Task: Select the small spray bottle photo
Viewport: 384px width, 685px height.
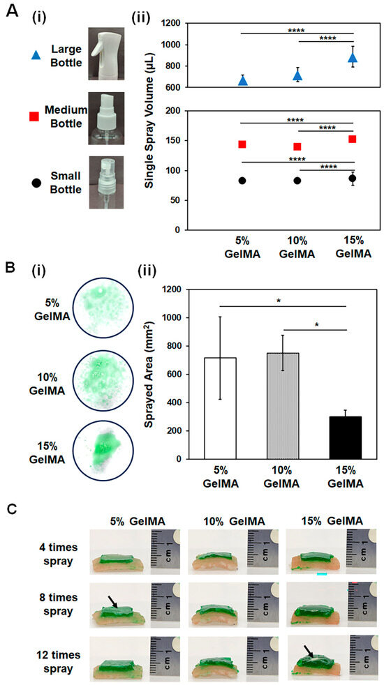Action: (x=105, y=182)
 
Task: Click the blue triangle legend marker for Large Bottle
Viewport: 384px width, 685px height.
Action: (x=36, y=50)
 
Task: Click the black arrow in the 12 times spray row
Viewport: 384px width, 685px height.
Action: (x=309, y=650)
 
